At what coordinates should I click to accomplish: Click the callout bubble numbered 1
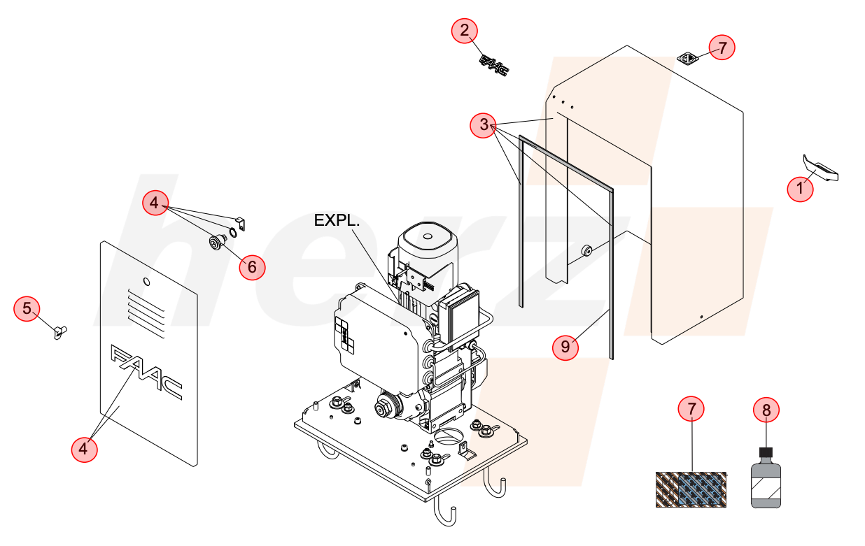click(800, 189)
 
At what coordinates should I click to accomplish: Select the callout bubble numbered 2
click(465, 31)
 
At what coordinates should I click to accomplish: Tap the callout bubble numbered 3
click(483, 125)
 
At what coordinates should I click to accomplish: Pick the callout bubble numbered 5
click(27, 309)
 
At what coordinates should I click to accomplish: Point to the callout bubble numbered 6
click(252, 267)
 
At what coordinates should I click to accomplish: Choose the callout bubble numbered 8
click(766, 410)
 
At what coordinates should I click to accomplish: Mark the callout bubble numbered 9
click(565, 347)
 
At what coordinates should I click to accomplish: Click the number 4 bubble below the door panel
click(84, 449)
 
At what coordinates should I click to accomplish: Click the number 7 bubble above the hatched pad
click(691, 409)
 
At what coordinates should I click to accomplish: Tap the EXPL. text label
click(337, 220)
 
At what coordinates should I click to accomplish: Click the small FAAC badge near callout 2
click(494, 66)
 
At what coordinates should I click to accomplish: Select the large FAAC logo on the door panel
click(146, 372)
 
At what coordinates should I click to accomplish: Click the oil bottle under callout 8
click(766, 478)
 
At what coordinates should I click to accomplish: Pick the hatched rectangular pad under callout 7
click(691, 489)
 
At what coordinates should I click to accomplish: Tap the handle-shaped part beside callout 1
click(821, 168)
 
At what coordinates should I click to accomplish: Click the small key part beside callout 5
click(60, 332)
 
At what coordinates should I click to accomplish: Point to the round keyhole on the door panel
click(146, 282)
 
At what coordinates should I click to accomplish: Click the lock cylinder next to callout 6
click(217, 242)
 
